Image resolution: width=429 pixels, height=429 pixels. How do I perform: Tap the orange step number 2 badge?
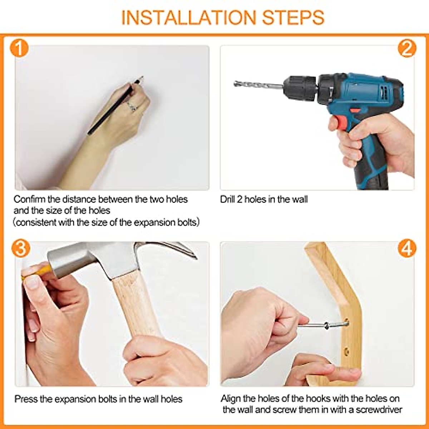[407, 49]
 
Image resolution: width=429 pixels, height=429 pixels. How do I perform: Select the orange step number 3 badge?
[21, 248]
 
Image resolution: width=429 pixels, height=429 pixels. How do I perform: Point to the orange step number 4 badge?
[407, 248]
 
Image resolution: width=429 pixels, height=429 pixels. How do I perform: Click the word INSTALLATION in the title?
[188, 18]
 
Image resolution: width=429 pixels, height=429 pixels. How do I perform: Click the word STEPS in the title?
[293, 18]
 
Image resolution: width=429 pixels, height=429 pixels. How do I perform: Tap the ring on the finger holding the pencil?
[132, 106]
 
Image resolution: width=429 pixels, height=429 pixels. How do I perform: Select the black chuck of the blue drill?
[301, 88]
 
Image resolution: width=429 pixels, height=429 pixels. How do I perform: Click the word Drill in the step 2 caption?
[227, 199]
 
